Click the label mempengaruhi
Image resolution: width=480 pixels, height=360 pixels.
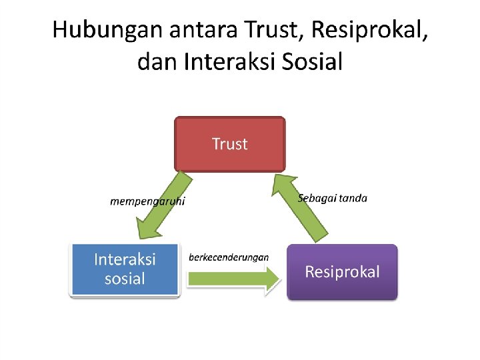[x=147, y=201]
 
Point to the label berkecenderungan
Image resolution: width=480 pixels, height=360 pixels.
[x=229, y=257]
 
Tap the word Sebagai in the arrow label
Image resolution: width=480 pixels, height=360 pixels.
[x=317, y=198]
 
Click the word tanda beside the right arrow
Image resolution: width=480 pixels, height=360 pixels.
[x=353, y=198]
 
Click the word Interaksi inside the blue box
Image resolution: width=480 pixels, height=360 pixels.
[x=125, y=259]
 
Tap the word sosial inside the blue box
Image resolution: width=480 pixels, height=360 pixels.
[x=125, y=278]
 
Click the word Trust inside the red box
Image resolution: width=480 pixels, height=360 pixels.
[x=229, y=143]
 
